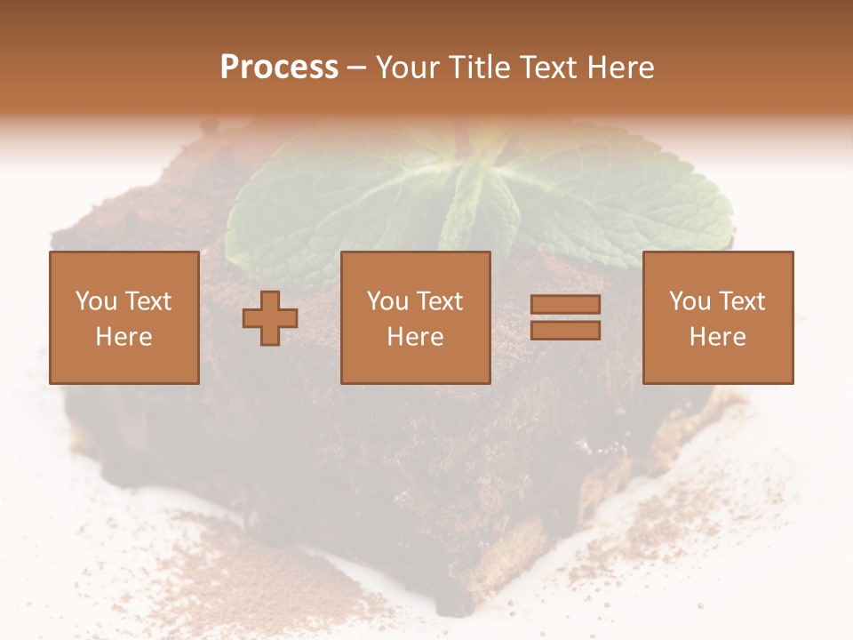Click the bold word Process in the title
pos(279,68)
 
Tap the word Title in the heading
pos(478,68)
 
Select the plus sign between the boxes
pos(270,318)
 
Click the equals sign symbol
pos(565,317)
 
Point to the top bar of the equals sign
pos(565,305)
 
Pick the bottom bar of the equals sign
pos(565,331)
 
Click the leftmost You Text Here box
pos(124,317)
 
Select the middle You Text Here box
pos(415,317)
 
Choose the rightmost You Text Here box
pos(717,317)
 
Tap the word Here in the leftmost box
pos(124,337)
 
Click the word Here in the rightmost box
pos(717,337)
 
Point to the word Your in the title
pos(408,68)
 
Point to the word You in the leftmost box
pos(96,301)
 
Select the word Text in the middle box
pos(439,301)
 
